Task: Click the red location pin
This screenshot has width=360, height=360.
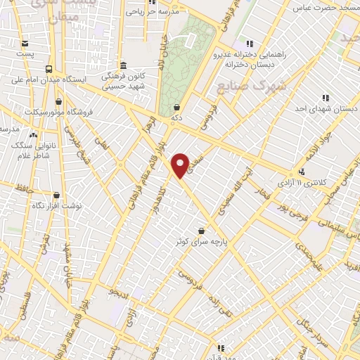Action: coord(181,165)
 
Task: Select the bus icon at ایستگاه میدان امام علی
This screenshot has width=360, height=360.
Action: coord(49,69)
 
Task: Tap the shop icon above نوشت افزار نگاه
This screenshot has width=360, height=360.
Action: coord(56,195)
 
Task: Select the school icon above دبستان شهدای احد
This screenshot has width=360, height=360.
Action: coord(326,98)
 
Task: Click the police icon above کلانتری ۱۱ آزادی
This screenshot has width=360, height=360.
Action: coord(302,172)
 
